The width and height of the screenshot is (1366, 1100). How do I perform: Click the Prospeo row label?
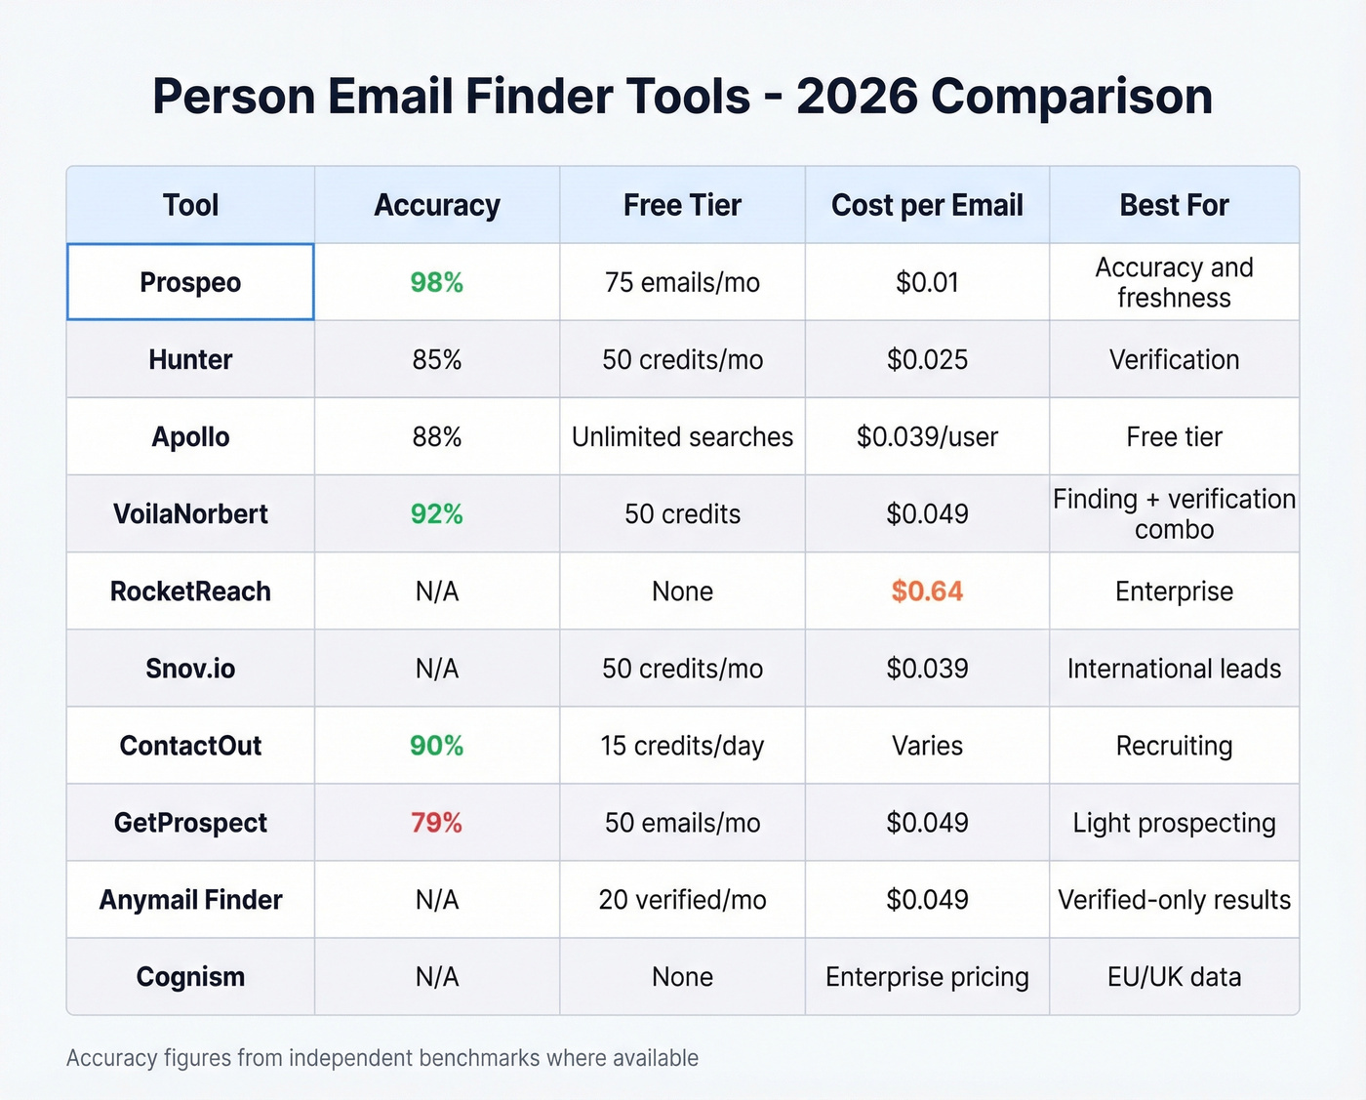tap(190, 282)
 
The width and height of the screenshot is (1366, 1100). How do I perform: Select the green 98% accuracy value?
tap(436, 282)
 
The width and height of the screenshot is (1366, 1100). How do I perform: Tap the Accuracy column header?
tap(436, 205)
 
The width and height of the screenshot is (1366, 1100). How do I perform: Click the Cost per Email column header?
tap(927, 205)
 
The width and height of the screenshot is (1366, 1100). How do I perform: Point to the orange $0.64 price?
tap(927, 591)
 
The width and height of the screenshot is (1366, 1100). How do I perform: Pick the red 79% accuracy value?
tap(436, 823)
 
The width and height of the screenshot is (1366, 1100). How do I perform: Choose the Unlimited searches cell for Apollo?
tap(682, 436)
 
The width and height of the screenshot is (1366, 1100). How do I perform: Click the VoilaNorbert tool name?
tap(190, 514)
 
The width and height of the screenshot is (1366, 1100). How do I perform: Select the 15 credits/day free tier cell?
tap(682, 746)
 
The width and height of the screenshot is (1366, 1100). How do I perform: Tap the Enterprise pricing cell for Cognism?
tap(927, 977)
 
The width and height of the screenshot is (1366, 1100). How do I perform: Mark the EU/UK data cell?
tap(1174, 977)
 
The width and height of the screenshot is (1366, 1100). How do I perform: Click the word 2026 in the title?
tap(857, 97)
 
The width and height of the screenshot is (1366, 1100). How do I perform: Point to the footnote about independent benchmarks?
tap(382, 1058)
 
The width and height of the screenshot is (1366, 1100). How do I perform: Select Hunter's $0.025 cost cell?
tap(927, 359)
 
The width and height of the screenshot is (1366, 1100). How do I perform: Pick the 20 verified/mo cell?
tap(682, 900)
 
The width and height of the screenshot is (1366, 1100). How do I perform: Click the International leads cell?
tap(1174, 669)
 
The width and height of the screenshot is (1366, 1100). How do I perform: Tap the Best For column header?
tap(1174, 205)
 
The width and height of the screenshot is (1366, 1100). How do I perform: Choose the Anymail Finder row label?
tap(190, 900)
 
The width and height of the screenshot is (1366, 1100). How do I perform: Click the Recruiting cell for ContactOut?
tap(1174, 746)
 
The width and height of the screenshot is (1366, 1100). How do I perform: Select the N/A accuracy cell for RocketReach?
tap(436, 591)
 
